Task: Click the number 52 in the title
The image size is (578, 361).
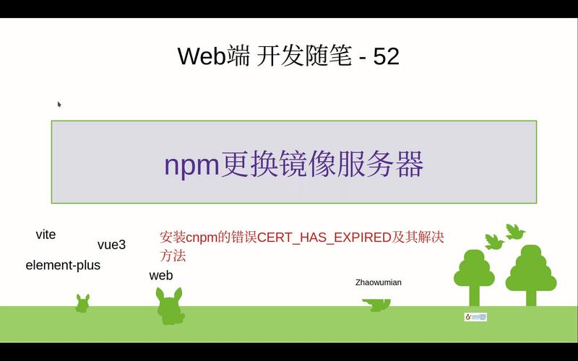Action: click(x=386, y=56)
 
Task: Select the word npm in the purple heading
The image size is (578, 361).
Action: click(x=191, y=165)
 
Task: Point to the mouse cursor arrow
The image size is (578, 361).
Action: click(x=59, y=104)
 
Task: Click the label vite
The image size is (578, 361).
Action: click(x=46, y=235)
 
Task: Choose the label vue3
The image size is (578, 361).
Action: click(x=111, y=245)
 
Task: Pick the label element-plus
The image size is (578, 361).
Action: click(x=63, y=265)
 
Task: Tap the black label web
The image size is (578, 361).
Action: click(x=161, y=275)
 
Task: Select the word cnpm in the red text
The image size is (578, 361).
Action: click(x=202, y=238)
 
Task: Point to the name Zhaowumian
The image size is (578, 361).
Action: click(x=378, y=282)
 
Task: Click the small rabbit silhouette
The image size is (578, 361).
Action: click(x=82, y=304)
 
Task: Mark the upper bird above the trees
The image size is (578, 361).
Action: click(x=515, y=231)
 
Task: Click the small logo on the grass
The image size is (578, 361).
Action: click(x=475, y=317)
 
